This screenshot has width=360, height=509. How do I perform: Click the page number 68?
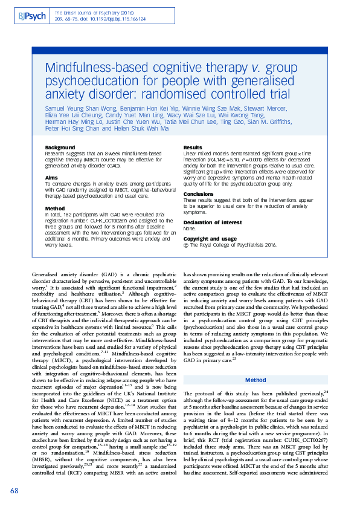coord(15,490)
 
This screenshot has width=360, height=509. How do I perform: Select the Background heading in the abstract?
coord(60,148)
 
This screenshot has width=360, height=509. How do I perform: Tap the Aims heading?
coord(52,177)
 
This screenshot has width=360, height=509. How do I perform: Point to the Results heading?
coord(193,148)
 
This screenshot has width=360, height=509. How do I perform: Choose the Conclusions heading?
coord(199,194)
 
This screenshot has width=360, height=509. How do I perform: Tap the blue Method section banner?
coord(254,380)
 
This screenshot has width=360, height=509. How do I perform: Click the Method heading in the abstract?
coord(55,207)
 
